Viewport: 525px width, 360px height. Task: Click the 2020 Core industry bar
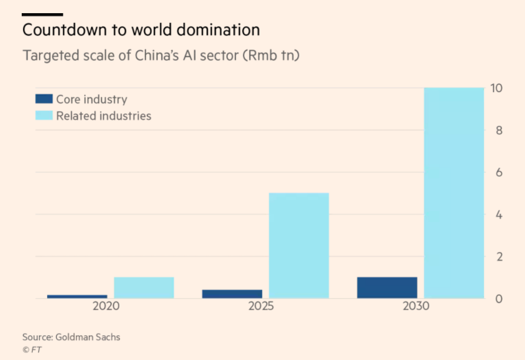tap(77, 296)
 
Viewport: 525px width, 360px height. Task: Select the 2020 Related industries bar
tap(144, 287)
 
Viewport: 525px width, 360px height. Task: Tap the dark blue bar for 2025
tap(232, 294)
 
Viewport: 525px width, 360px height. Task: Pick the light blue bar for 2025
tap(299, 246)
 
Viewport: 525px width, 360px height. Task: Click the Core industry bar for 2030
tap(387, 287)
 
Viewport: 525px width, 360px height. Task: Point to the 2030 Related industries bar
tap(454, 193)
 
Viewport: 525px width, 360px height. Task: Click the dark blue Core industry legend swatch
tap(44, 99)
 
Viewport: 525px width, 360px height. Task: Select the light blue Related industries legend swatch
tap(44, 116)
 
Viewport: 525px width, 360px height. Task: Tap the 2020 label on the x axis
tap(106, 306)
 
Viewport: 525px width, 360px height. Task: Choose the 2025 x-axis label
tap(261, 306)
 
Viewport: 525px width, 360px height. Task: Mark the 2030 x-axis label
tap(416, 306)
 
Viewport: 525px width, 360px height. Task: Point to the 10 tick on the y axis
tap(496, 88)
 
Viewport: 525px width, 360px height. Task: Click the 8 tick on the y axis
tap(499, 130)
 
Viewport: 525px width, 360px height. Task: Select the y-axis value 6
tap(499, 172)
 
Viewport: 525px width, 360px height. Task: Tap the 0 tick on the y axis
tap(499, 299)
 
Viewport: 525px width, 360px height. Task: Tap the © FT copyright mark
tap(32, 350)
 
